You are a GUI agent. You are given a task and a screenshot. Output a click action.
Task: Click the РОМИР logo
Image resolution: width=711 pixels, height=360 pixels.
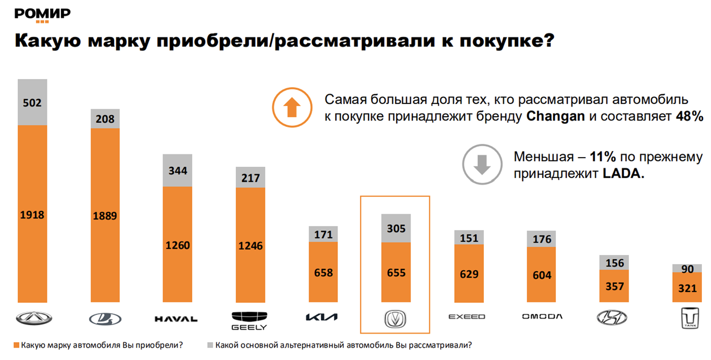[43, 15]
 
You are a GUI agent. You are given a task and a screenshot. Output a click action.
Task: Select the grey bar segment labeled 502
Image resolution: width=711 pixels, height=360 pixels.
[32, 102]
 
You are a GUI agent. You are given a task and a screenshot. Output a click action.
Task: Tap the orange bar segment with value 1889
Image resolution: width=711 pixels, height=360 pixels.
[105, 215]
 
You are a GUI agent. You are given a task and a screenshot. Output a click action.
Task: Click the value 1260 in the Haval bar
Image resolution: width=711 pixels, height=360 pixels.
[178, 245]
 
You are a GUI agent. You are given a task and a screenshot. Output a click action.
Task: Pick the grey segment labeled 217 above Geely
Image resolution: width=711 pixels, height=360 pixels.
[251, 177]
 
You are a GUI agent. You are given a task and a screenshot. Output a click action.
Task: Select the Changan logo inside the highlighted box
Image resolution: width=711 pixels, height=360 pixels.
[395, 318]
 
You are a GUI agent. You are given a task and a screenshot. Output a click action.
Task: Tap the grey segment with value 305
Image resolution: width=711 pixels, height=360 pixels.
[396, 228]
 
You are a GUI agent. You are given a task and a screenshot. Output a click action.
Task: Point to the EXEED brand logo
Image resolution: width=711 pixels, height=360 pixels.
[467, 317]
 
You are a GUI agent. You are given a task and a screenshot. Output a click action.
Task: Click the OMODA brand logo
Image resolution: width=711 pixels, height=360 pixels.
[542, 316]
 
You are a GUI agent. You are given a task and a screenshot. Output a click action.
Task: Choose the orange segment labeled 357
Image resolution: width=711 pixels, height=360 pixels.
[614, 286]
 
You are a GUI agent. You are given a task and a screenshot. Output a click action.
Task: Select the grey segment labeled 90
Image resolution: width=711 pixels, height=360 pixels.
[687, 269]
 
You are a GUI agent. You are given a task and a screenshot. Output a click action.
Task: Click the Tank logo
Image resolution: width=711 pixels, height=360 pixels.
[687, 318]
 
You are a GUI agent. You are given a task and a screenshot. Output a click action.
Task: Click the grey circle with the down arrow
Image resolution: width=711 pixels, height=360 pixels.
[482, 165]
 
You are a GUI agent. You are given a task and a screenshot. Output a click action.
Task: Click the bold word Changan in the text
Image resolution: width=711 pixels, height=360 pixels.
[555, 116]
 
